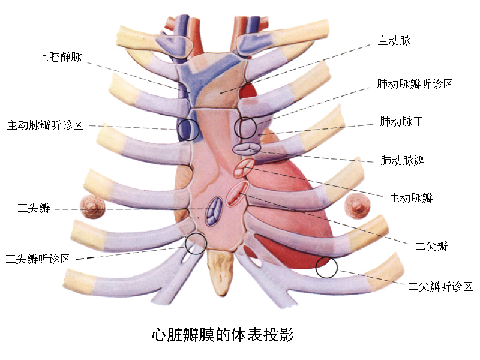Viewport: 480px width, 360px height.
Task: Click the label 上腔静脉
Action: click(60, 58)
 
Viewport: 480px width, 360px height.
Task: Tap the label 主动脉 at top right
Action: click(394, 41)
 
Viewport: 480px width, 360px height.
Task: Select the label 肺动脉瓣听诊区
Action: click(414, 83)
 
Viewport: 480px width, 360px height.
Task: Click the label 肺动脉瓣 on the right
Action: click(402, 160)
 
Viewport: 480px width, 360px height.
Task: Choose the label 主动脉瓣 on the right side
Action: click(411, 197)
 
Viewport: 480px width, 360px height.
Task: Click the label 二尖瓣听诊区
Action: click(440, 287)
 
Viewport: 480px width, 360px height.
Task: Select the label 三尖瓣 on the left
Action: click(34, 209)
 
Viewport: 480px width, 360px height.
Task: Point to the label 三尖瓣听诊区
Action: click(38, 259)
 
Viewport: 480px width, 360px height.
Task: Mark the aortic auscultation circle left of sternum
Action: click(187, 128)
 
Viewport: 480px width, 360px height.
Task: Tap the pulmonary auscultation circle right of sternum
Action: click(245, 128)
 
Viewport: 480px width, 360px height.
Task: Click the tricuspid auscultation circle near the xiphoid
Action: click(196, 243)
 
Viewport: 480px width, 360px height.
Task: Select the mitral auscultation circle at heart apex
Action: click(326, 267)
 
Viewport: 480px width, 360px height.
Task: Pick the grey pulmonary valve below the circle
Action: click(245, 148)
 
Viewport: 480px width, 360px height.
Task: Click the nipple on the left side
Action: click(93, 207)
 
